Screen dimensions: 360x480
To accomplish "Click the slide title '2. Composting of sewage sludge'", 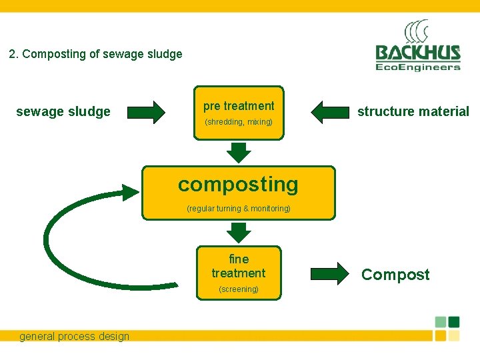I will coord(95,54).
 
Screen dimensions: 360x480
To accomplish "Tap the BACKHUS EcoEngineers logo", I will coord(417,52).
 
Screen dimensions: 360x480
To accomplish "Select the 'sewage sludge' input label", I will coord(63,111).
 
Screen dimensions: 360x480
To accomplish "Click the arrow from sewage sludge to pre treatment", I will coord(146,112).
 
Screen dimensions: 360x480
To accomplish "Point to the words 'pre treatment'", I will coord(239,106).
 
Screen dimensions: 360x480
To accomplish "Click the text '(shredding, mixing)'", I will coord(239,122).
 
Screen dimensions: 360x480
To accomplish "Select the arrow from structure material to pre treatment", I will coord(331,112).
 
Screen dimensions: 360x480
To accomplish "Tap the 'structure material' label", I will coord(413,111).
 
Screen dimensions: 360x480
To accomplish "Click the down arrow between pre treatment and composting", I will coord(239,152).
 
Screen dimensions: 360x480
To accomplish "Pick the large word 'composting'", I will coord(238,184).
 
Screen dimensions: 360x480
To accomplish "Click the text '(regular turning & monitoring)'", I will coord(239,209).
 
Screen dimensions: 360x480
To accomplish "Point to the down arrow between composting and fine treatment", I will coord(239,232).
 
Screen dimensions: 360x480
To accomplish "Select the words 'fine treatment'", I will coord(239,266).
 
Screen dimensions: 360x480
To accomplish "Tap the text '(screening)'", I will coord(239,289).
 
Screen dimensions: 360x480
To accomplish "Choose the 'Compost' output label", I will coord(395,275).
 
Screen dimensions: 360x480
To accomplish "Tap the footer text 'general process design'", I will coord(74,336).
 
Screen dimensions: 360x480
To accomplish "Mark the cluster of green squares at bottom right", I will coord(447,328).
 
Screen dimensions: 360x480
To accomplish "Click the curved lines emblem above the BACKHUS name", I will coord(417,32).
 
